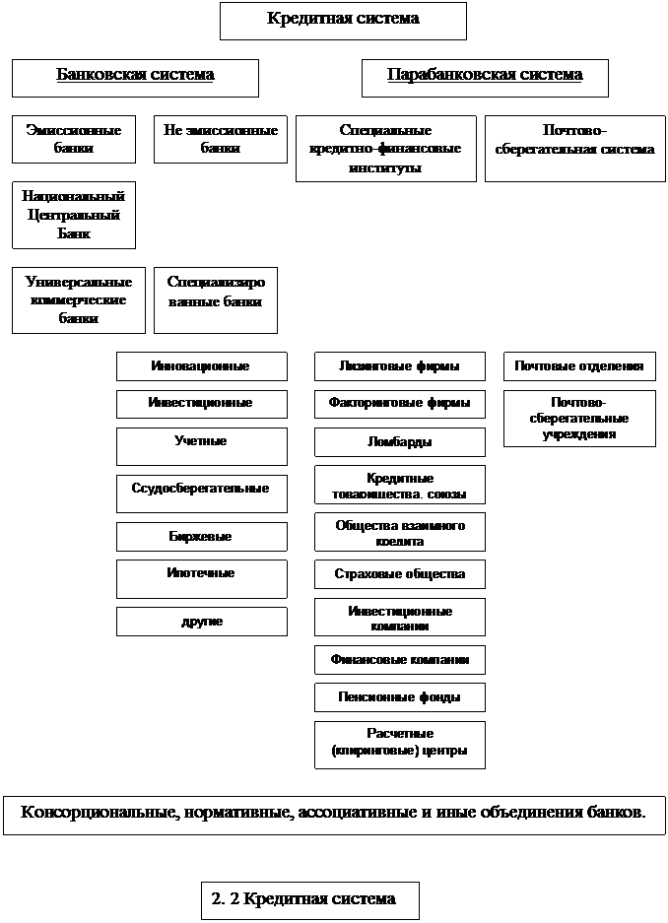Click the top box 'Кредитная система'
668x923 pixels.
[x=343, y=20]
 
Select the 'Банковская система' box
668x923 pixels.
[x=135, y=77]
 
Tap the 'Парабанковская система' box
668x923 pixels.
[x=485, y=77]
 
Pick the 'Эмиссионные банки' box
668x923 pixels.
[x=74, y=140]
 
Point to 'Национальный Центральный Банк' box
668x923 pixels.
[x=74, y=215]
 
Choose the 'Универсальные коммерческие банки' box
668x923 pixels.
[x=79, y=299]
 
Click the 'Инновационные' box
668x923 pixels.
[x=201, y=366]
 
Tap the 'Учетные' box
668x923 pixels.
[x=201, y=445]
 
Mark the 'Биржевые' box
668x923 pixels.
[x=201, y=537]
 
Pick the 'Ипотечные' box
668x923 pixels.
[x=201, y=578]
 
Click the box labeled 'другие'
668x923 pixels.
[x=201, y=622]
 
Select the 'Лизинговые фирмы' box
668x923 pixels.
[x=399, y=366]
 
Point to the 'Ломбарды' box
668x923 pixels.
[x=399, y=442]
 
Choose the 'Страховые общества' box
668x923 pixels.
[x=399, y=573]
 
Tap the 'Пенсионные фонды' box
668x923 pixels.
[x=399, y=697]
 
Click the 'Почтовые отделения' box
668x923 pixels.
[x=579, y=366]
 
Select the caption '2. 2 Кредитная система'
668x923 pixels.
[x=309, y=900]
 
